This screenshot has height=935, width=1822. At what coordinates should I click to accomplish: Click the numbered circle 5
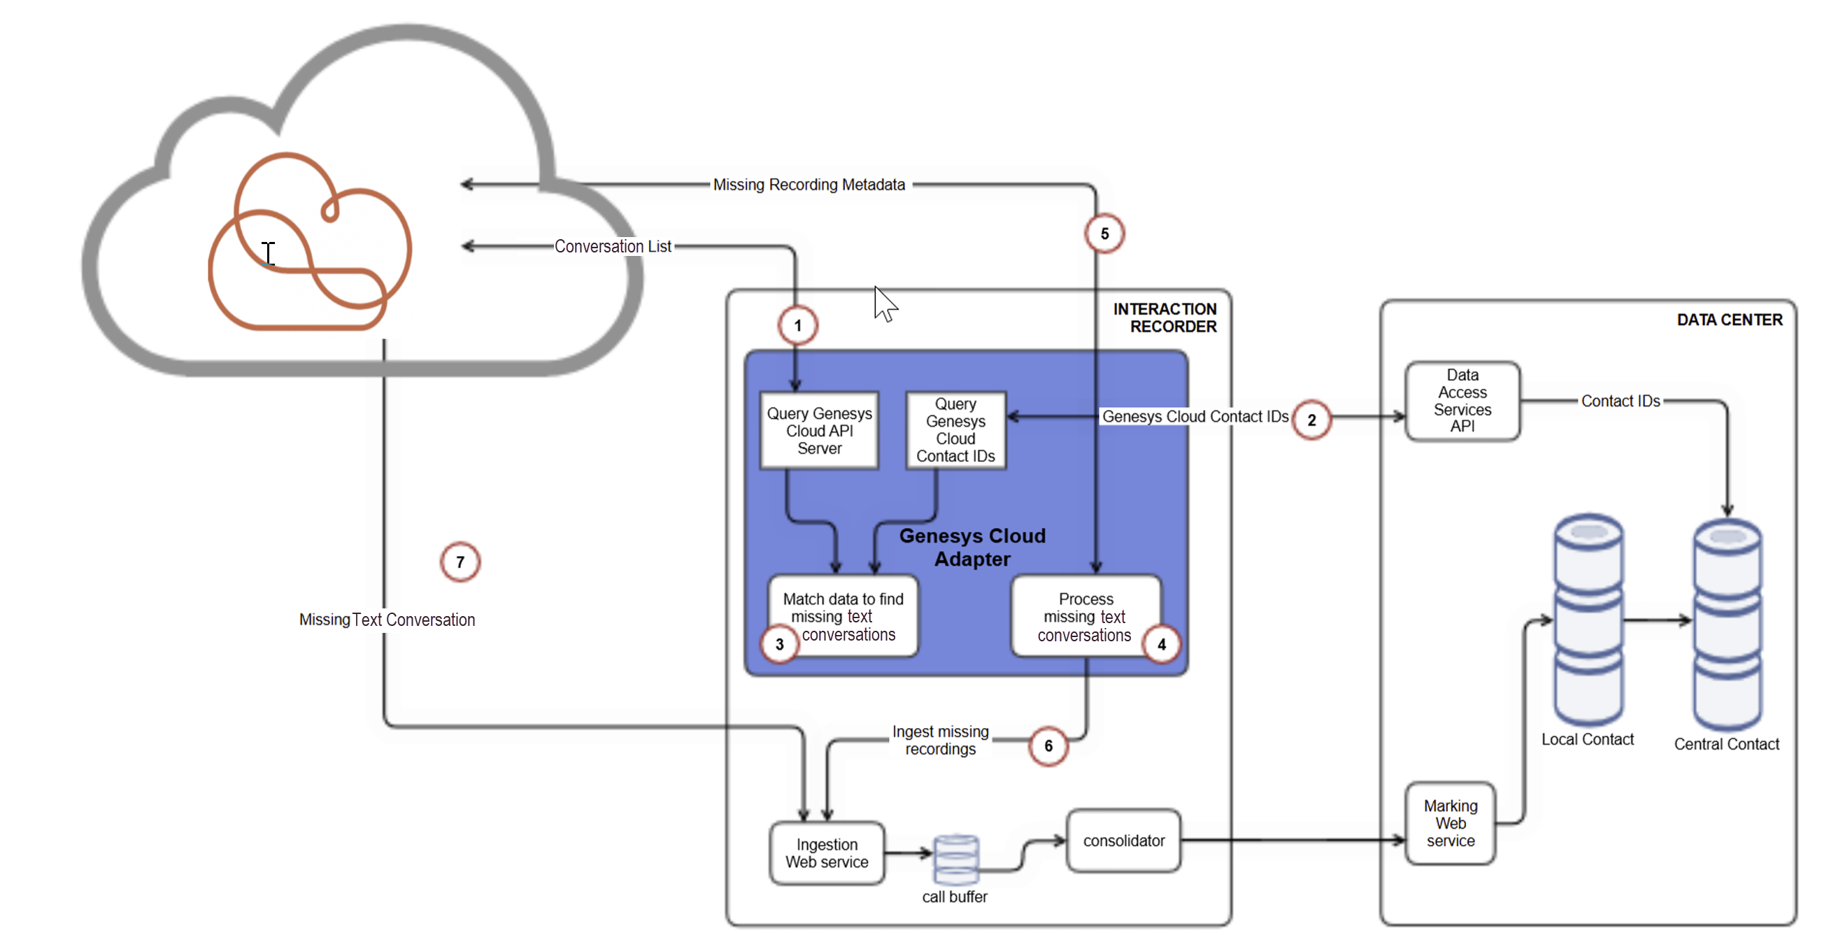click(x=1104, y=234)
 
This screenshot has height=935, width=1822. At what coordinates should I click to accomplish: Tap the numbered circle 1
click(x=798, y=325)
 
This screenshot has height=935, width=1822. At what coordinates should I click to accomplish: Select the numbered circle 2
click(x=1311, y=420)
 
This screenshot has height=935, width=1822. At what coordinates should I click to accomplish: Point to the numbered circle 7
click(x=460, y=562)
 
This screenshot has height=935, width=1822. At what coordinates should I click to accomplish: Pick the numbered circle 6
click(x=1048, y=745)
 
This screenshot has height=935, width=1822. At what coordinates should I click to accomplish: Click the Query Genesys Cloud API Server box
click(x=819, y=431)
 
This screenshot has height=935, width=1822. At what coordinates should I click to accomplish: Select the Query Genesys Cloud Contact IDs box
click(x=955, y=430)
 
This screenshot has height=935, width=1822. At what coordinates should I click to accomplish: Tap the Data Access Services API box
click(x=1462, y=401)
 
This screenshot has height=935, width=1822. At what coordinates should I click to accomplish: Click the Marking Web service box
click(x=1450, y=823)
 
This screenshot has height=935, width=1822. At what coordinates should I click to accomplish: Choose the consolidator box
click(x=1123, y=840)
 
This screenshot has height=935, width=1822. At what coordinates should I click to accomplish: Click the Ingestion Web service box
click(x=827, y=853)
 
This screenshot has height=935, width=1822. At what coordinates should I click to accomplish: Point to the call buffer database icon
click(x=955, y=859)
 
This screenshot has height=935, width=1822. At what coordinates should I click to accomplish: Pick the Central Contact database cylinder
click(x=1726, y=626)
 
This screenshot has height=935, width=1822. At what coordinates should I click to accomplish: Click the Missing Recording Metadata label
click(x=809, y=185)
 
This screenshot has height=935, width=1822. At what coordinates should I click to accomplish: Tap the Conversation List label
click(x=613, y=246)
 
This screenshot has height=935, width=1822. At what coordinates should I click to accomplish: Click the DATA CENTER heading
click(x=1730, y=320)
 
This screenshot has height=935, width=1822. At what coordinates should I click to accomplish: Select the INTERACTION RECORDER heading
click(x=1165, y=317)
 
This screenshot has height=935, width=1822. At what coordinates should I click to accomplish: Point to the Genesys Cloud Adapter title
click(x=972, y=548)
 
